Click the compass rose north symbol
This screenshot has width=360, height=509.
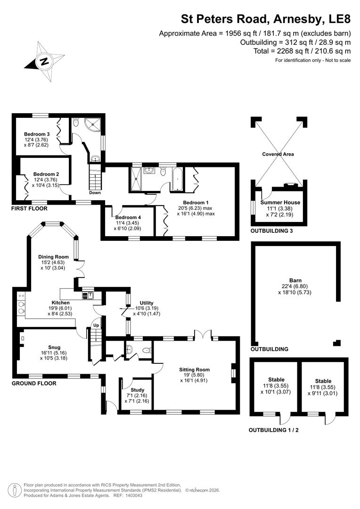(x=43, y=61)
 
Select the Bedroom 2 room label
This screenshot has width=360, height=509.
(x=46, y=173)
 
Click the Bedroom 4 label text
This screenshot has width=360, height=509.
(x=128, y=217)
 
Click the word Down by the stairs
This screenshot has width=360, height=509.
(x=94, y=193)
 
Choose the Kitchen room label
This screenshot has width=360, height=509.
(x=61, y=303)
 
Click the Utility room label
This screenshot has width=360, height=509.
(x=147, y=303)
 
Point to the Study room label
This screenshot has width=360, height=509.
(x=137, y=390)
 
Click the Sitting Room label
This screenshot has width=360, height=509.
(x=194, y=369)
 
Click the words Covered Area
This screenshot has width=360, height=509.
(x=278, y=154)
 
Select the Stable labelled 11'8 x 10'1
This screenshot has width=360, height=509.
(x=276, y=379)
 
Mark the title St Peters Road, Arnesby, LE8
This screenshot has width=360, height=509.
(x=266, y=19)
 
